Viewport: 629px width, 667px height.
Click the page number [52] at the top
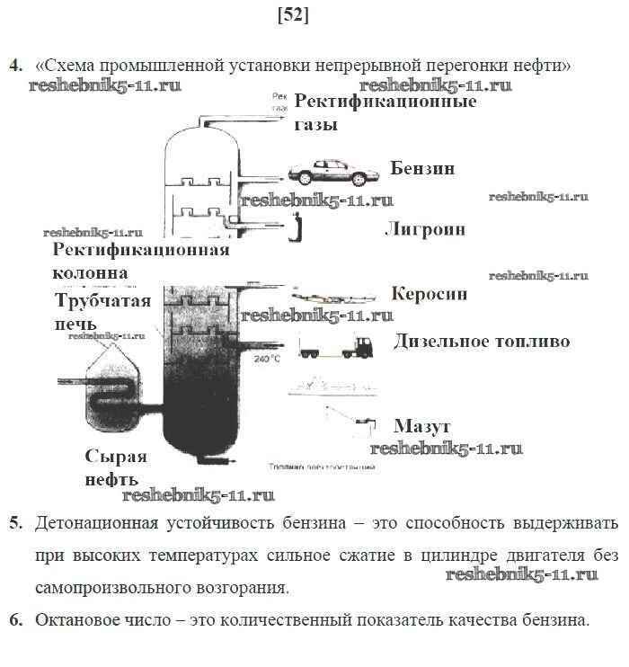294,15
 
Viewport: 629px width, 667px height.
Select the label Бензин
422,168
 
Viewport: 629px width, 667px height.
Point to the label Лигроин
425,229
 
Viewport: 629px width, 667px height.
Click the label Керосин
430,293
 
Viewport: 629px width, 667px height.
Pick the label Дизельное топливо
482,342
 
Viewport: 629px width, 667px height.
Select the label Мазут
421,425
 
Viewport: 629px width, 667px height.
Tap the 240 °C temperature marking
267,359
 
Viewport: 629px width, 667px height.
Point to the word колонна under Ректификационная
90,271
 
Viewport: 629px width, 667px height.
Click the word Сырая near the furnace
116,456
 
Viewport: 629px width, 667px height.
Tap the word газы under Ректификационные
316,125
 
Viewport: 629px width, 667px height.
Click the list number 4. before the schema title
15,66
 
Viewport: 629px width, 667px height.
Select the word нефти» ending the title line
543,66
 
